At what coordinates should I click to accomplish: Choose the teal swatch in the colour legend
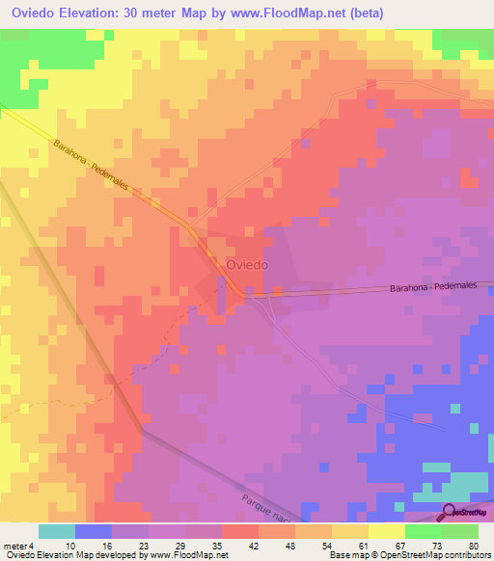[x=57, y=531]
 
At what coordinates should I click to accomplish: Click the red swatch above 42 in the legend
[x=240, y=531]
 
